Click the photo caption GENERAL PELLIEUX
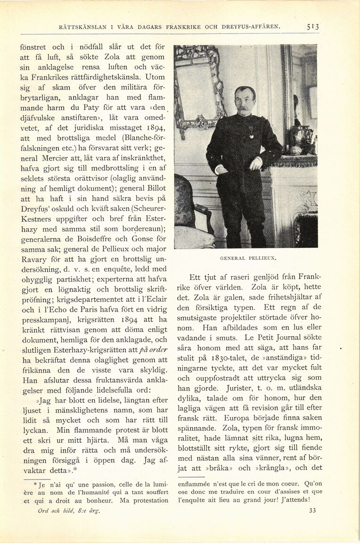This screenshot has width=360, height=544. pyautogui.click(x=248, y=258)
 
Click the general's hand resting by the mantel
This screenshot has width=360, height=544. pyautogui.click(x=256, y=163)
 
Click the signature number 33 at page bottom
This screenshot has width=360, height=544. pyautogui.click(x=312, y=510)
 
